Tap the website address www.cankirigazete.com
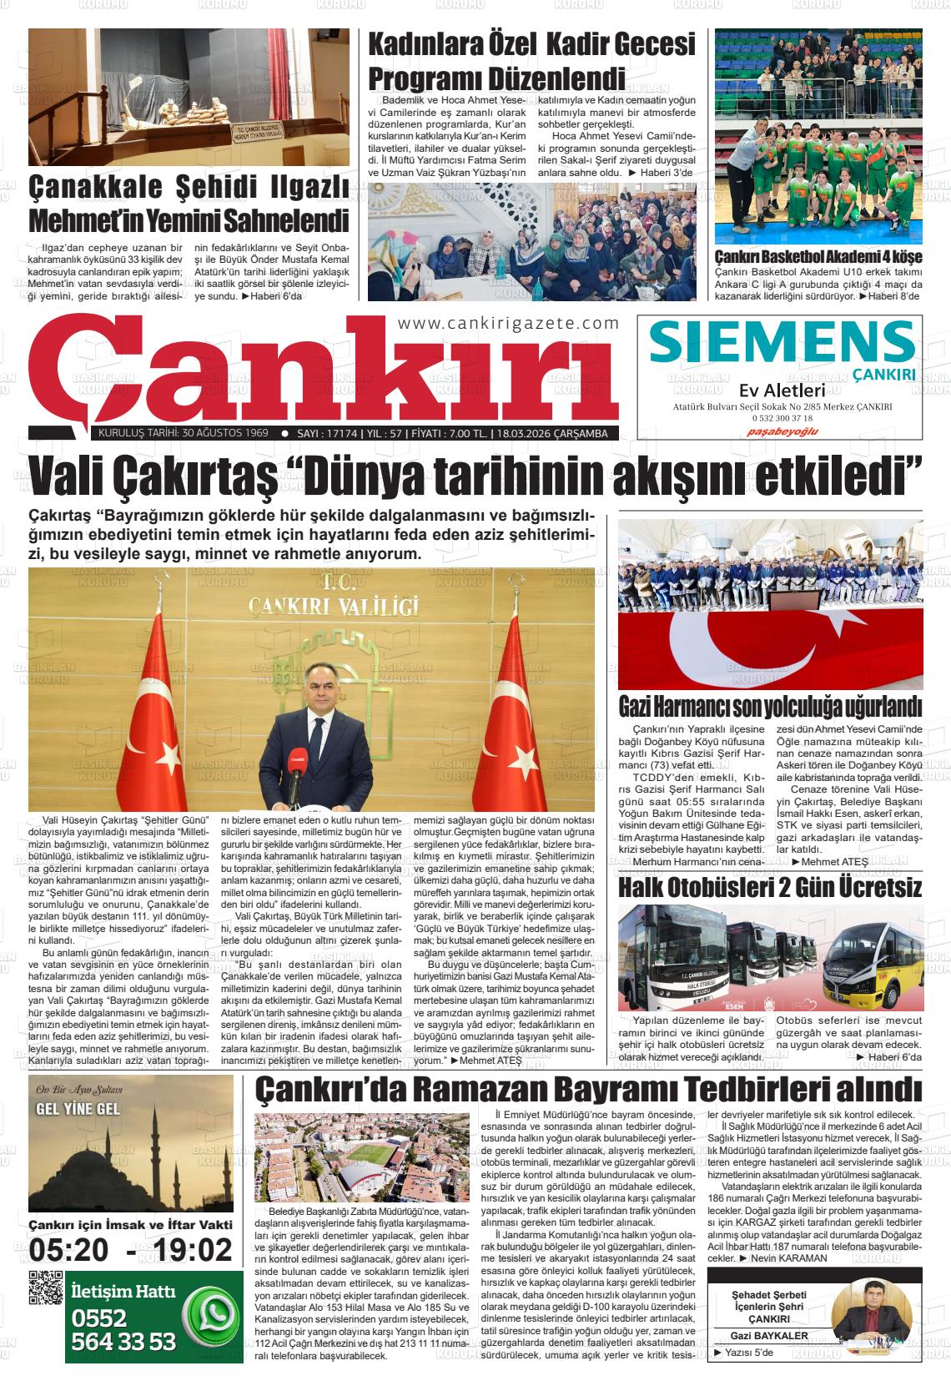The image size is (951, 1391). (508, 324)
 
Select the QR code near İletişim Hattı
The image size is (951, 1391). (46, 1288)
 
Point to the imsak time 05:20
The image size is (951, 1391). (68, 1250)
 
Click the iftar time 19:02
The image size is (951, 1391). (189, 1250)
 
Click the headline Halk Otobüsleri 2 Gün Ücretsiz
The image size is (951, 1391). (769, 887)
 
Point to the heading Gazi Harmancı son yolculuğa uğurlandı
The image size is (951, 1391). (769, 707)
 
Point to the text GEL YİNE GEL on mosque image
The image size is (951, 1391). (74, 1109)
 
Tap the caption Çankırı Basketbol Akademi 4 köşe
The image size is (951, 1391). (818, 257)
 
